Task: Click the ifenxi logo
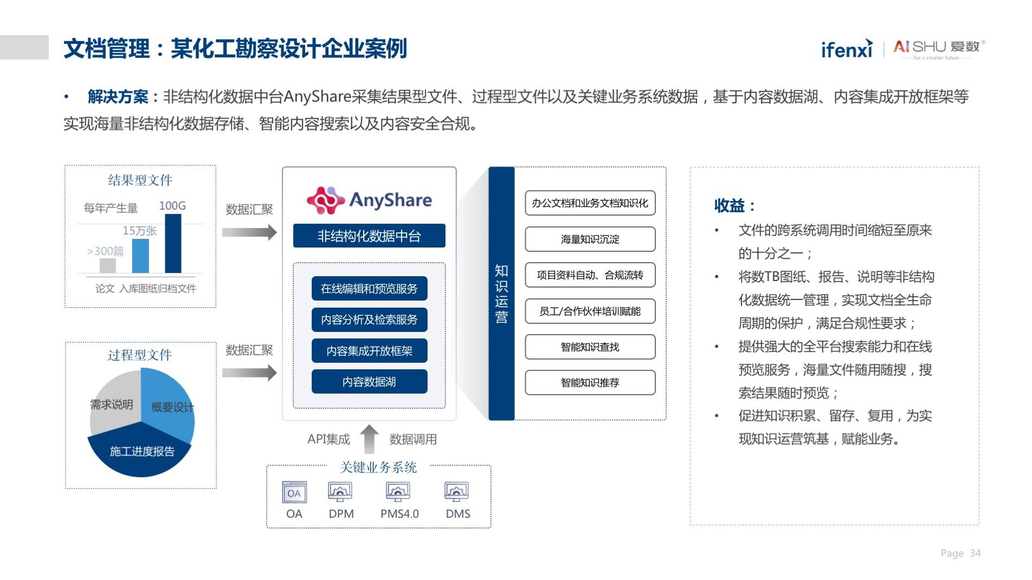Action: pos(847,48)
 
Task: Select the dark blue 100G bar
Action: pos(173,243)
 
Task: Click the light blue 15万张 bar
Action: pos(140,256)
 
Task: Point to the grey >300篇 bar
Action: pos(108,265)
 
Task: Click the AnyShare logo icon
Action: pos(325,200)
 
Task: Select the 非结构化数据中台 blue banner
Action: pos(369,236)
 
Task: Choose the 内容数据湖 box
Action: pos(369,382)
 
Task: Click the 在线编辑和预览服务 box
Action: pos(369,289)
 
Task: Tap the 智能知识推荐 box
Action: pos(590,383)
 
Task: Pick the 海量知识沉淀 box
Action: pos(590,239)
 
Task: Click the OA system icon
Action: pos(294,492)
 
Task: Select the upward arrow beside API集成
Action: pos(369,439)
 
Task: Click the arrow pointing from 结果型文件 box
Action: pos(249,232)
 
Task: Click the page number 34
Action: pos(975,553)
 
